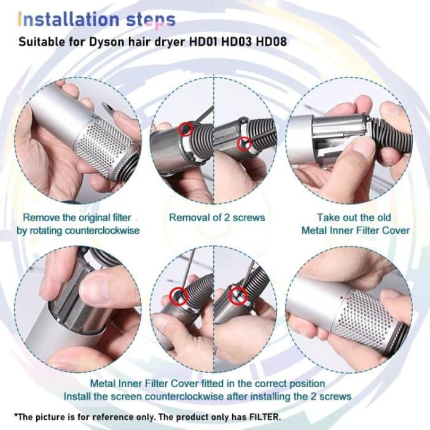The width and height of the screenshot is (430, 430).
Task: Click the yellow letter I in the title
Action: coord(21,19)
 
